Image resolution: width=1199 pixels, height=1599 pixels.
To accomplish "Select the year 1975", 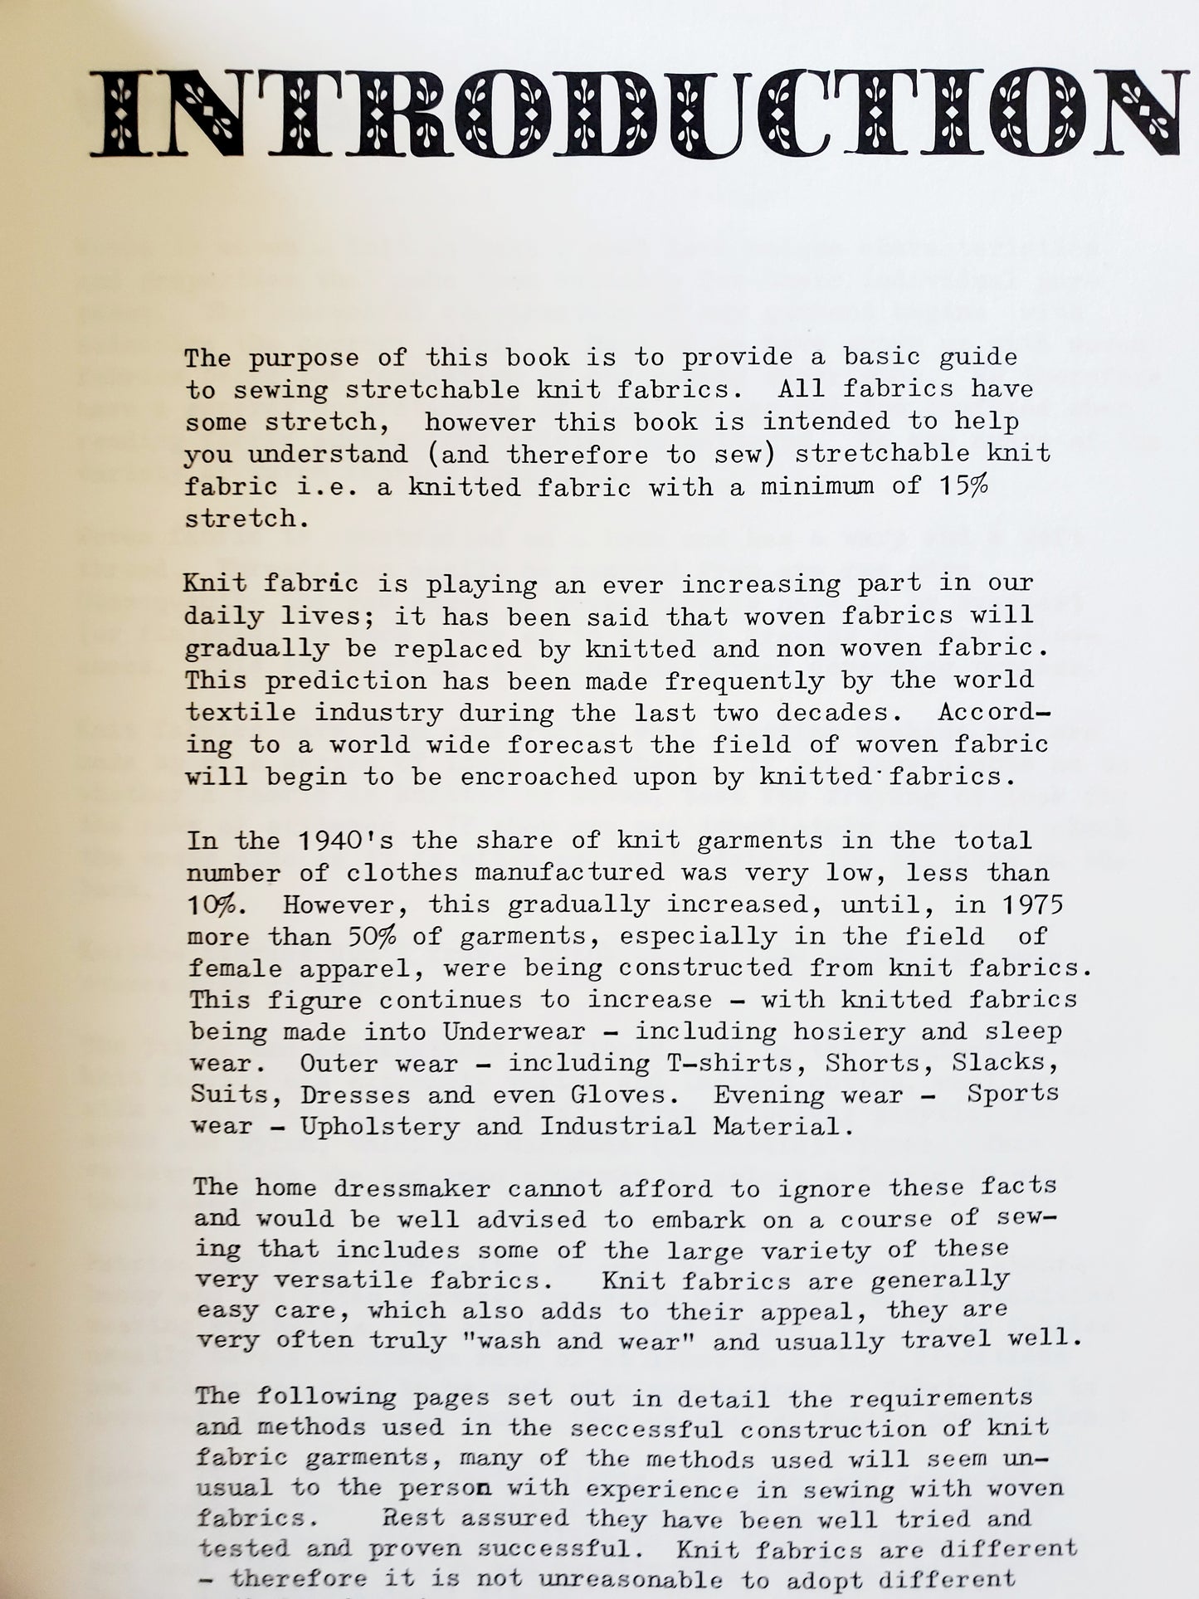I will tap(1030, 904).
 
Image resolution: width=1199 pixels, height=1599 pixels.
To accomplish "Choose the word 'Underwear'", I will tap(514, 1031).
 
